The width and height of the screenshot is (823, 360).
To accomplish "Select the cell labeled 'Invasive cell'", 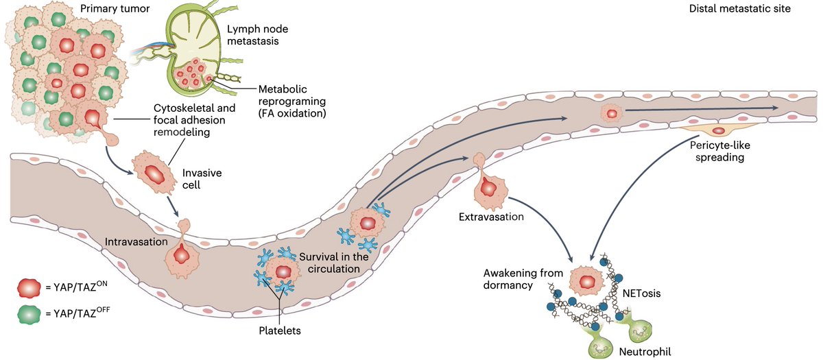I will tap(151, 170).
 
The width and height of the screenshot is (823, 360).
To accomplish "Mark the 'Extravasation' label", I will tap(490, 217).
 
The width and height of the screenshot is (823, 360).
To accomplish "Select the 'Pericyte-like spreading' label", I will tap(717, 152).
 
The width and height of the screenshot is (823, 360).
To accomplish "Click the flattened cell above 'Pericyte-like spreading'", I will tap(718, 130).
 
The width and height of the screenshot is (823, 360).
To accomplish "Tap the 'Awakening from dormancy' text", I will tap(506, 278).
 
